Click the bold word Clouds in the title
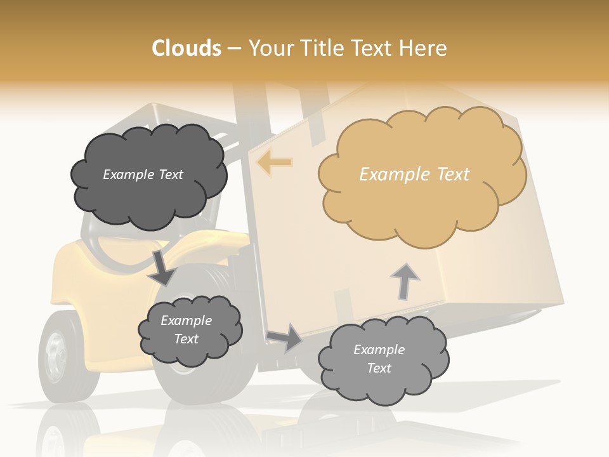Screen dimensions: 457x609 click(187, 48)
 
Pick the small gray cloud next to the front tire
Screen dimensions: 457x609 click(189, 330)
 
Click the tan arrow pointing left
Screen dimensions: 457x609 click(274, 162)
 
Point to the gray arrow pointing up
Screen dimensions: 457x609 click(405, 281)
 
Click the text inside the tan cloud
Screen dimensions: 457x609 click(414, 175)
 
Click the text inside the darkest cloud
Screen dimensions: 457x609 click(143, 175)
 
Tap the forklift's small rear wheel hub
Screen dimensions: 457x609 click(55, 355)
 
